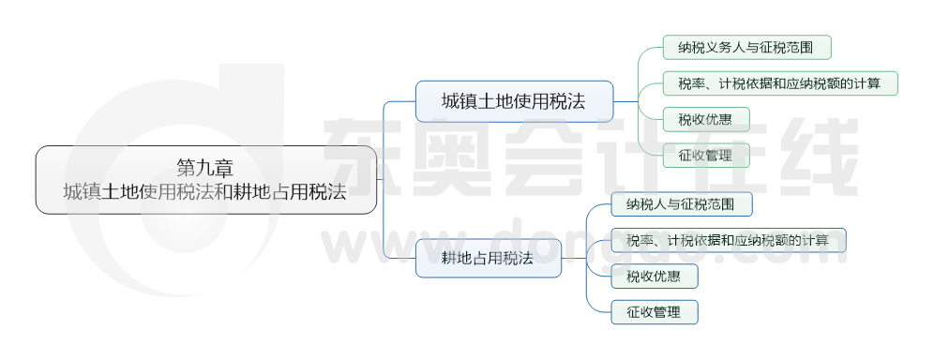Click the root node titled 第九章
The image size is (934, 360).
tap(205, 180)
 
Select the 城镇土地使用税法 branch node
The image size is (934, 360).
tap(514, 101)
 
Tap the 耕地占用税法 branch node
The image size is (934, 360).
tap(488, 258)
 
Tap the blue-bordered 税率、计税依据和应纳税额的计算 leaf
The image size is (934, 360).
tap(727, 240)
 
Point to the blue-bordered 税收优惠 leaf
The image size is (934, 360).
tap(654, 277)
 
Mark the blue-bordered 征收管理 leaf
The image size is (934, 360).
tap(654, 312)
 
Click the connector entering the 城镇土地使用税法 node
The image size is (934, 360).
tap(399, 101)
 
